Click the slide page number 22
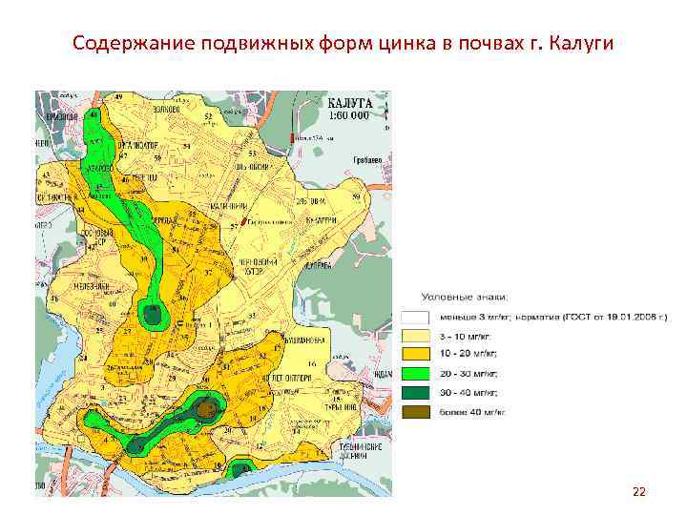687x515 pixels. point(638,491)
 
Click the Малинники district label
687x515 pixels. point(230,205)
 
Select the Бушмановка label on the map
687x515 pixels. point(305,340)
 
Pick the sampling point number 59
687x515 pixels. point(356,196)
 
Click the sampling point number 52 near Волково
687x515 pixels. point(208,116)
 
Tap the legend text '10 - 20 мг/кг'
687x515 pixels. point(462,355)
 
